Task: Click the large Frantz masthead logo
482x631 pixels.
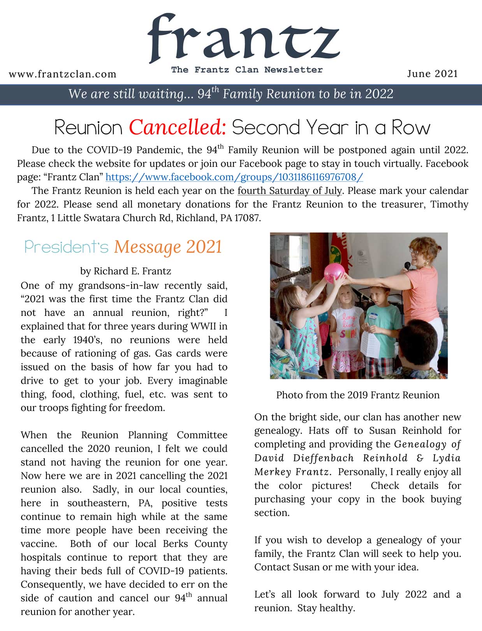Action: coord(243,39)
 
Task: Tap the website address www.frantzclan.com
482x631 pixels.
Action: coord(62,74)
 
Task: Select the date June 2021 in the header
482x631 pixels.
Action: coord(432,74)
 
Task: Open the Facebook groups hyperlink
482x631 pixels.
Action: coord(234,177)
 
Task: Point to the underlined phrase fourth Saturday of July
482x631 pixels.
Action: coord(290,191)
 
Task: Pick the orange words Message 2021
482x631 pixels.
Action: coord(168,247)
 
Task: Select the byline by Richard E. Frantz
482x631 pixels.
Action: coord(125,271)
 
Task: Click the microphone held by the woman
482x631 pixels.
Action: coord(407,266)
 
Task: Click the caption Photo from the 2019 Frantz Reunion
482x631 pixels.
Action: coord(358,395)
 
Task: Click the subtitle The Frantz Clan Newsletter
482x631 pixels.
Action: coord(247,70)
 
